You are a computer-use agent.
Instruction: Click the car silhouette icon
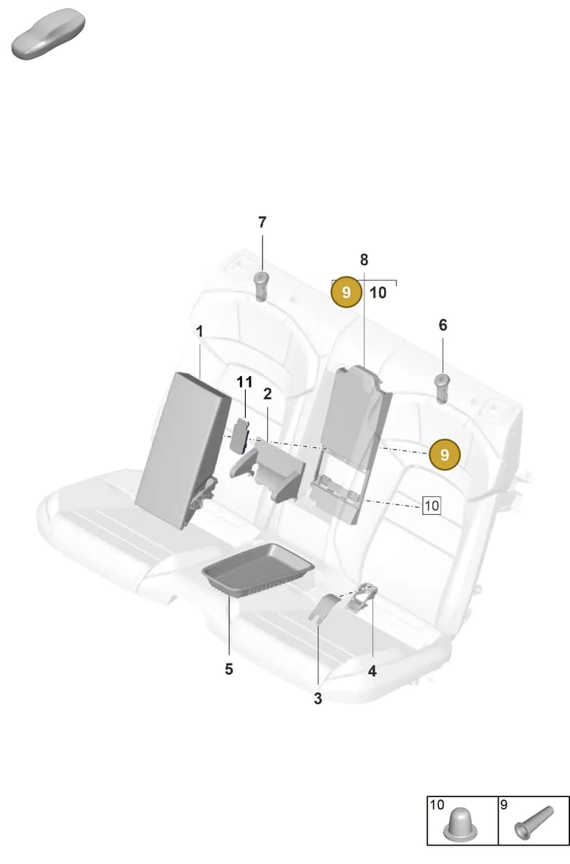click(48, 33)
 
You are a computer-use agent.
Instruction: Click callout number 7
click(262, 222)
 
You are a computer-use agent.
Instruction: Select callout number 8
click(364, 260)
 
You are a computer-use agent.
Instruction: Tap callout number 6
click(442, 325)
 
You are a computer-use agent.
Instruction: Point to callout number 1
click(199, 331)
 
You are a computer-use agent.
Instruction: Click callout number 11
click(244, 382)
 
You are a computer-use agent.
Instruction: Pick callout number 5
click(229, 669)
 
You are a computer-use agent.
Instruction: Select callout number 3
click(318, 698)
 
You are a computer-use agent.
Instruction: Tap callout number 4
click(372, 671)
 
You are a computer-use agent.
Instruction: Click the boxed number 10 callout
click(432, 505)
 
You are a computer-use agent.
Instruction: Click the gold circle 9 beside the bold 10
click(346, 292)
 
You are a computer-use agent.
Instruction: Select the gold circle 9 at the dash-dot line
click(445, 454)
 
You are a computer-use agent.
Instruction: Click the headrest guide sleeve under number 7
click(261, 286)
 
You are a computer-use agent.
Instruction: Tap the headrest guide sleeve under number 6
click(442, 389)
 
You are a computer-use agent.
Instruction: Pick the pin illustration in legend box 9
click(534, 823)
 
